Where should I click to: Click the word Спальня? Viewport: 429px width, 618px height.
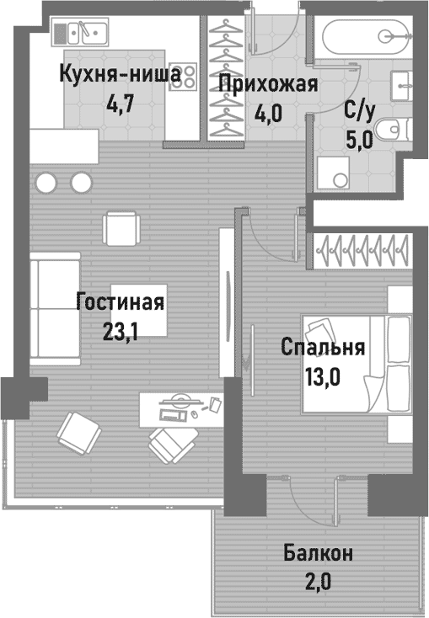click(x=324, y=348)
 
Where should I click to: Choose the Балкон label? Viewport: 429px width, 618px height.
click(x=318, y=554)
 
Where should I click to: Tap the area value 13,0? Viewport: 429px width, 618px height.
click(x=322, y=376)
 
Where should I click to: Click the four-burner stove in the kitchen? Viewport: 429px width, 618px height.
click(x=185, y=77)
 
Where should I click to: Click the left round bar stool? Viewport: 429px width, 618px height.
click(x=46, y=182)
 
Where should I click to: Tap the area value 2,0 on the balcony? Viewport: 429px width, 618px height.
click(x=318, y=583)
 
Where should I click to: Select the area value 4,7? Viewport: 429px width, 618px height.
click(x=119, y=105)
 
